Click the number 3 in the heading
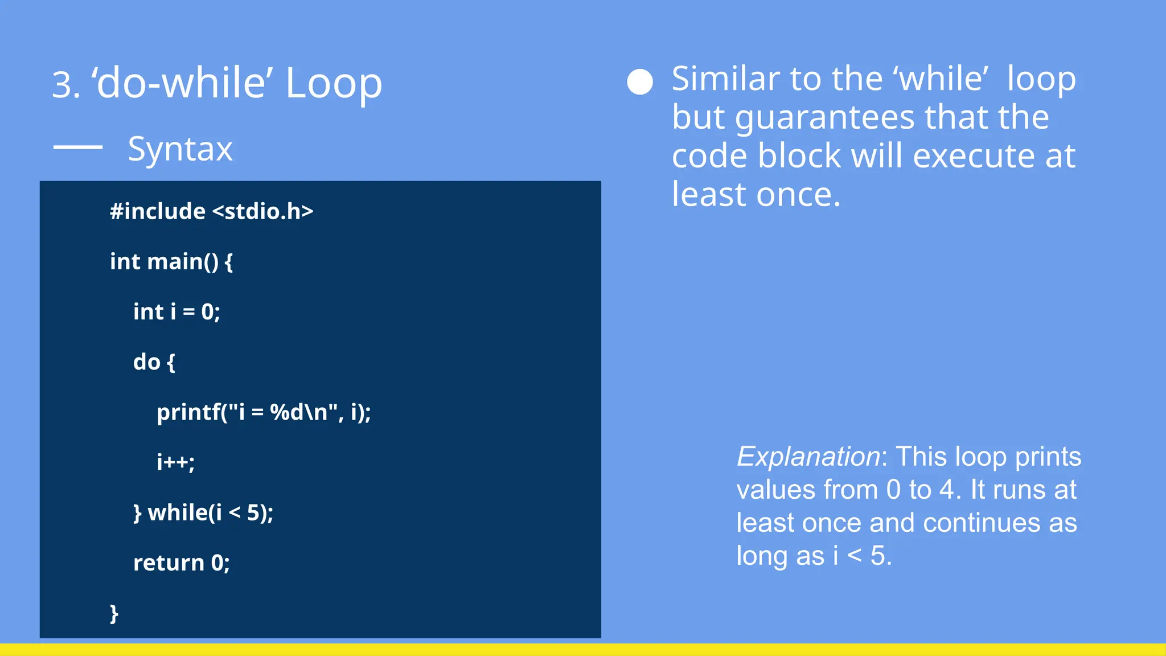click(x=61, y=85)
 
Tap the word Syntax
click(x=180, y=149)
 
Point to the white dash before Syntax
click(x=78, y=147)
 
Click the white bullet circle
click(x=639, y=82)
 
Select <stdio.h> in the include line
click(x=262, y=211)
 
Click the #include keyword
click(x=158, y=211)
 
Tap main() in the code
click(x=182, y=261)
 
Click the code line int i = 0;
click(x=176, y=311)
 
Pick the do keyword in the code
click(x=147, y=362)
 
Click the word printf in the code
click(x=188, y=412)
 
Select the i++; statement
click(x=175, y=461)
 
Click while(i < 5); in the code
click(x=210, y=512)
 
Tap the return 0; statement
click(x=181, y=563)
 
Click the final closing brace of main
click(x=114, y=613)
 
